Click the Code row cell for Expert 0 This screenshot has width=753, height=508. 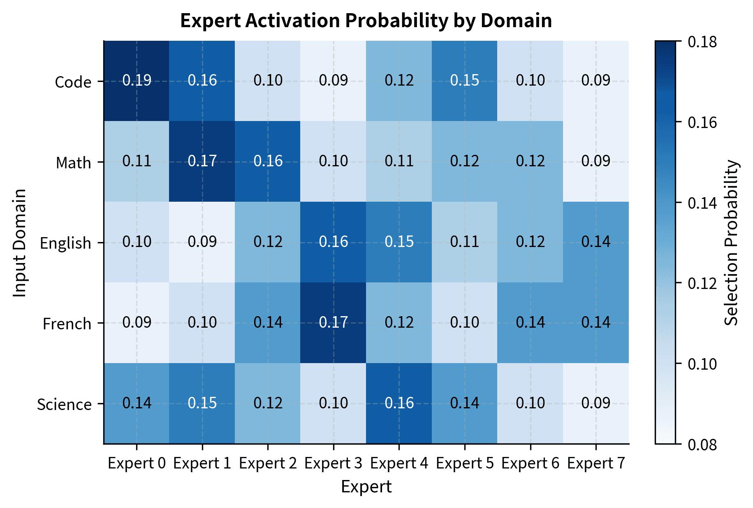tap(137, 81)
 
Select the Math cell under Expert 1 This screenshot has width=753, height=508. tap(202, 161)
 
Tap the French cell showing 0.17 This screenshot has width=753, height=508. tap(333, 322)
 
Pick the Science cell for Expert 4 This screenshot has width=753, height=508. tap(399, 403)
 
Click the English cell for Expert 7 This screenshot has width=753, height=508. tap(596, 242)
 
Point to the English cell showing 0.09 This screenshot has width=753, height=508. tap(202, 242)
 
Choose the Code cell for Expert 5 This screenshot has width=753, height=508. tap(465, 81)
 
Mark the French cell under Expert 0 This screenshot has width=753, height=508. tap(137, 322)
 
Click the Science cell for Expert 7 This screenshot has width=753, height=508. tap(596, 403)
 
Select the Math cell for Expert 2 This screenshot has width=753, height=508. tap(268, 161)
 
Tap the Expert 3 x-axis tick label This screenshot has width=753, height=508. tap(333, 464)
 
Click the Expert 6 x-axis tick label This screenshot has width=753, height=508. tap(530, 464)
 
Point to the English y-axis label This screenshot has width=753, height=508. tap(65, 243)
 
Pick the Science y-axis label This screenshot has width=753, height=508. tap(64, 404)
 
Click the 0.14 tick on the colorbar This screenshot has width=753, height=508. tap(702, 203)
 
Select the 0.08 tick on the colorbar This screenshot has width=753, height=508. tap(702, 445)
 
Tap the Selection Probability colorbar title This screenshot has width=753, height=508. tap(732, 242)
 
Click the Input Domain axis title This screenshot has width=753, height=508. tap(20, 242)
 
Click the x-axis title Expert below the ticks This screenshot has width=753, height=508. tap(366, 487)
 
